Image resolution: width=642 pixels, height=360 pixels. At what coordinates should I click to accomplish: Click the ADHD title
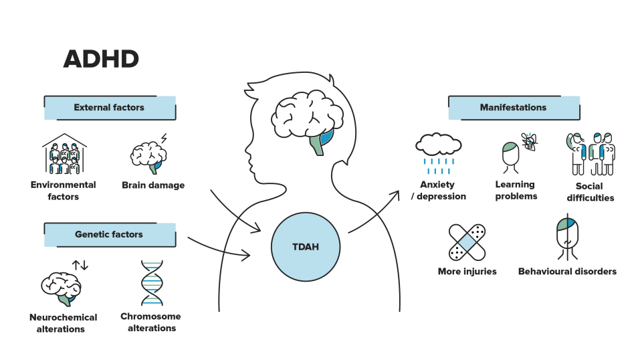[101, 59]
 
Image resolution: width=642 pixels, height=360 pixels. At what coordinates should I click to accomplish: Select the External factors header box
[110, 108]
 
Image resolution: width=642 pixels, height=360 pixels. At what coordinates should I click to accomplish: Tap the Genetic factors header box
[110, 235]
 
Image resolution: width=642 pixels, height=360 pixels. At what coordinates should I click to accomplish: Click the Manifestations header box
[514, 108]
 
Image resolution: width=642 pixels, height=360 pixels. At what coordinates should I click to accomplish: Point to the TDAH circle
[306, 246]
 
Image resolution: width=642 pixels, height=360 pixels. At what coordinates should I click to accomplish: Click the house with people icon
[64, 154]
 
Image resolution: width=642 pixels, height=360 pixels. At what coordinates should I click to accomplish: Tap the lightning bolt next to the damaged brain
[164, 138]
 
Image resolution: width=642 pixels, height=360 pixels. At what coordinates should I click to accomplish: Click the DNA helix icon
[152, 282]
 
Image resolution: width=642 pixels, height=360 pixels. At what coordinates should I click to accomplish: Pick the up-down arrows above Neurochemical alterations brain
[80, 265]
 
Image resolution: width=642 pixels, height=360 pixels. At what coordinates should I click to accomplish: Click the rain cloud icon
[439, 153]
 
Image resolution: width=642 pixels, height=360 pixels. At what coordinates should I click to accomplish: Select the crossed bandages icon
[467, 242]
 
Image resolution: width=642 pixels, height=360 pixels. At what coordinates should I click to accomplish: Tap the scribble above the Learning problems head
[530, 142]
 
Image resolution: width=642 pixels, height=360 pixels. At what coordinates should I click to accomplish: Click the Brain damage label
[153, 185]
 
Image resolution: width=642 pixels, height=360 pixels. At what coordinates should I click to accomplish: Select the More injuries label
[467, 271]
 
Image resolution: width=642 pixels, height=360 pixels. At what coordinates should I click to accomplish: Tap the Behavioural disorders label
[567, 271]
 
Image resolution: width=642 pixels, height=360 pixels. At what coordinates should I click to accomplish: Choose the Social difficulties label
[590, 191]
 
